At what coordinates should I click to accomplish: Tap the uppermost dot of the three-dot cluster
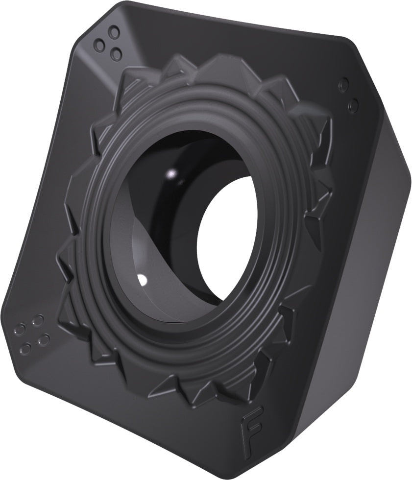pos(114,31)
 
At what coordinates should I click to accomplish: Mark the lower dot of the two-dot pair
pos(354,105)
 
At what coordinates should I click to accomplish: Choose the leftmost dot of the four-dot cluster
pos(19,330)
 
